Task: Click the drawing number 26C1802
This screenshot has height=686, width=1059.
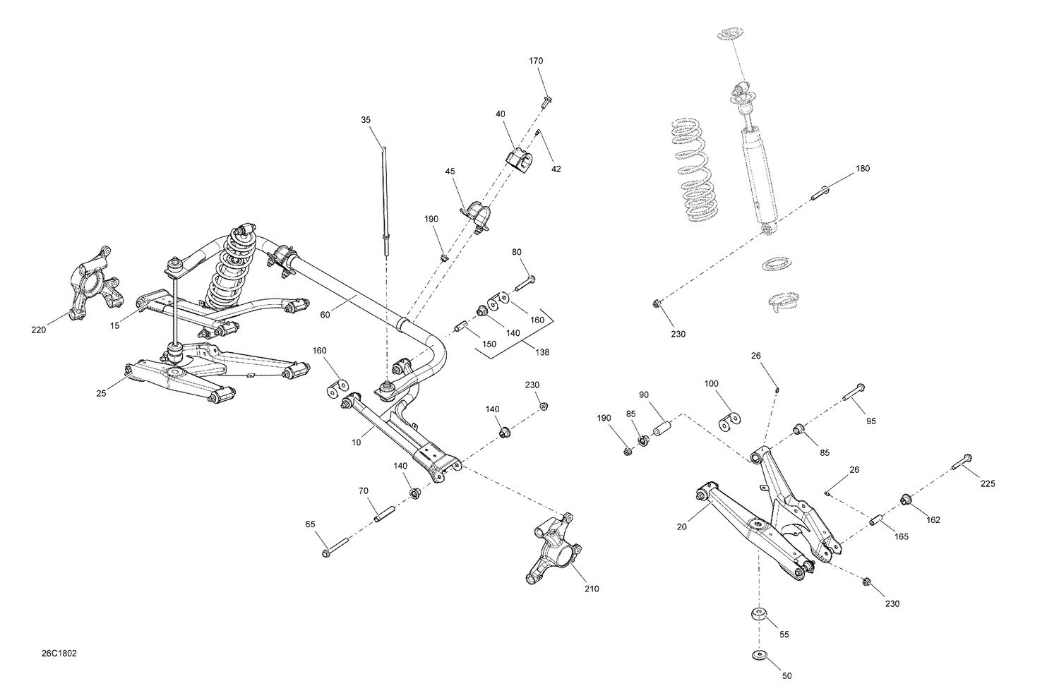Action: pos(59,654)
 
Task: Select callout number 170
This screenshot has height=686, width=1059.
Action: pos(536,61)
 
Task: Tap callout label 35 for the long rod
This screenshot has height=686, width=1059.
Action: pos(366,120)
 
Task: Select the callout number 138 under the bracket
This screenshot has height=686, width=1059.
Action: pos(542,352)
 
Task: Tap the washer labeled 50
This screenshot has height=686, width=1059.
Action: pos(760,656)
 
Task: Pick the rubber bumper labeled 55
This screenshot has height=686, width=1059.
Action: pos(760,615)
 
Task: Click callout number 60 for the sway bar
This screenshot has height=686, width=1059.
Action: pos(325,315)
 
